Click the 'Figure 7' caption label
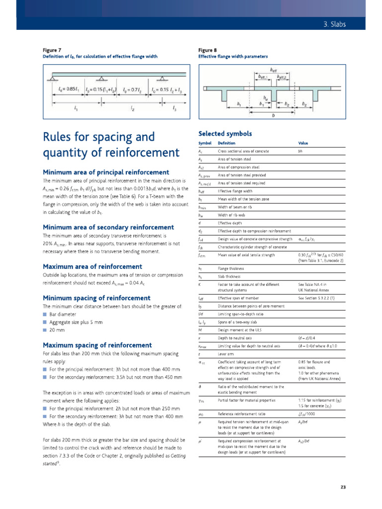[x=52, y=50]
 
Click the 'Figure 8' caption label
[x=207, y=50]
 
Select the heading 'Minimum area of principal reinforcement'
[x=106, y=172]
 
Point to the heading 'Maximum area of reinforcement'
[x=93, y=266]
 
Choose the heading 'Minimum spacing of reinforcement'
[x=96, y=298]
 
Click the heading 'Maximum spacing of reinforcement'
[x=97, y=345]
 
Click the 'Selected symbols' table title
[x=225, y=134]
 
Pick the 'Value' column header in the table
[x=303, y=143]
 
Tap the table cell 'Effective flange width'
[x=237, y=191]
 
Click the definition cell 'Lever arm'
[x=226, y=353]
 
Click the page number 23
[x=343, y=487]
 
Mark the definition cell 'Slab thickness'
[x=231, y=276]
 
